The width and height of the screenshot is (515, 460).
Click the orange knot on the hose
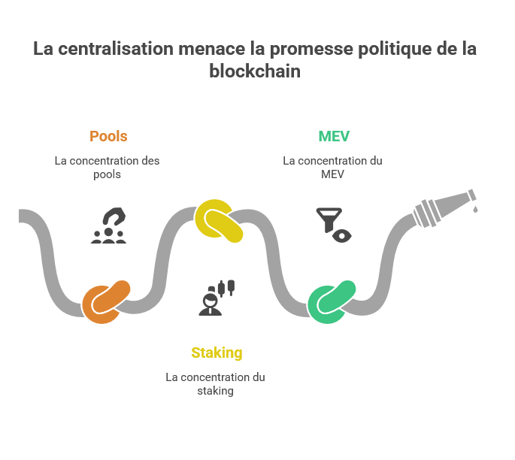pos(106,301)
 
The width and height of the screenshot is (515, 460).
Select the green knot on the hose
pos(332,301)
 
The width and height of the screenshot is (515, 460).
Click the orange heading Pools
pos(108,136)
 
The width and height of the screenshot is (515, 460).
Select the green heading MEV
pos(333,136)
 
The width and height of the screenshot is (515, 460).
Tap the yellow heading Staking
pos(217,353)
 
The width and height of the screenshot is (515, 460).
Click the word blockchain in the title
pos(255,71)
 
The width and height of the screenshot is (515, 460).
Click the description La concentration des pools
pos(107,167)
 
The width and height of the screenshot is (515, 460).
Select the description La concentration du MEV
pos(332,167)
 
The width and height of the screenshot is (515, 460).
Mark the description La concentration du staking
pos(215,383)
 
